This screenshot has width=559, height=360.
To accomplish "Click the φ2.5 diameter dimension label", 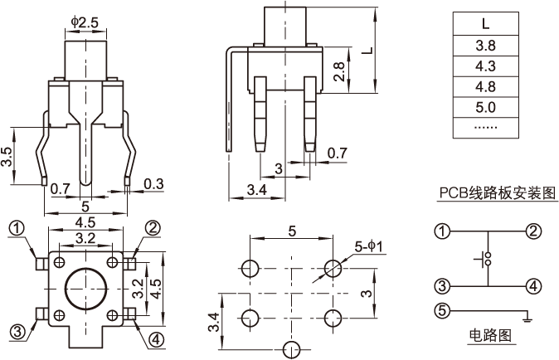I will pos(85,19).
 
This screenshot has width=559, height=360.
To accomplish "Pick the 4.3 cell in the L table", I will pos(486,66).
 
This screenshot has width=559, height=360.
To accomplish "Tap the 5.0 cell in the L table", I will pos(486,107).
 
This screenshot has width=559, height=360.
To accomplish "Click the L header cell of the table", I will pos(486,24).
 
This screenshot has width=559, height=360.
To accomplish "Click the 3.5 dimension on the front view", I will pos(7,156).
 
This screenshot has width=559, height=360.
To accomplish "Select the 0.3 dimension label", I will pos(153,183).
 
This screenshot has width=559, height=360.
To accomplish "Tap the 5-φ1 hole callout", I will pos(368,246).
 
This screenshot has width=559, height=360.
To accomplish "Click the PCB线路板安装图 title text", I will pos(497,193).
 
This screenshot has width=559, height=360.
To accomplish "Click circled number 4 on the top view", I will pos(156,338).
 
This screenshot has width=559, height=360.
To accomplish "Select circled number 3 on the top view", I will pos(17,332).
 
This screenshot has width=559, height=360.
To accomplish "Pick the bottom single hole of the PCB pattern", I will pos(292,349).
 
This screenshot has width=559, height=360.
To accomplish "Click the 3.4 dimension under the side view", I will pos(256,192).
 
